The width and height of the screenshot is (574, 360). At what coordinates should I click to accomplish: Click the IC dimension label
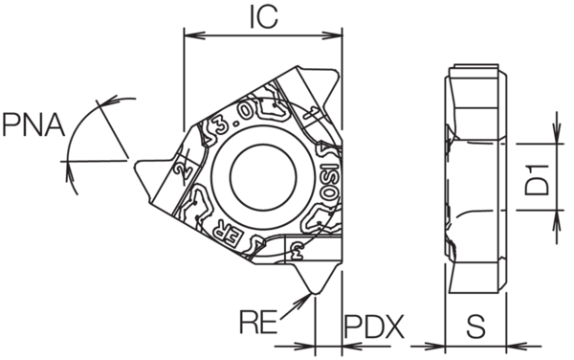coord(262,17)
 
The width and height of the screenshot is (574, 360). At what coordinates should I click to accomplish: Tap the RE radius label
coord(258,320)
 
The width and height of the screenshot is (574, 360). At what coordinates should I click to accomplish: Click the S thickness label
coord(475,326)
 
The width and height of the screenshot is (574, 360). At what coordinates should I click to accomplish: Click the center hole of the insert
coord(262,174)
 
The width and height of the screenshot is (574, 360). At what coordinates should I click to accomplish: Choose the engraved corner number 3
coord(298,250)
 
